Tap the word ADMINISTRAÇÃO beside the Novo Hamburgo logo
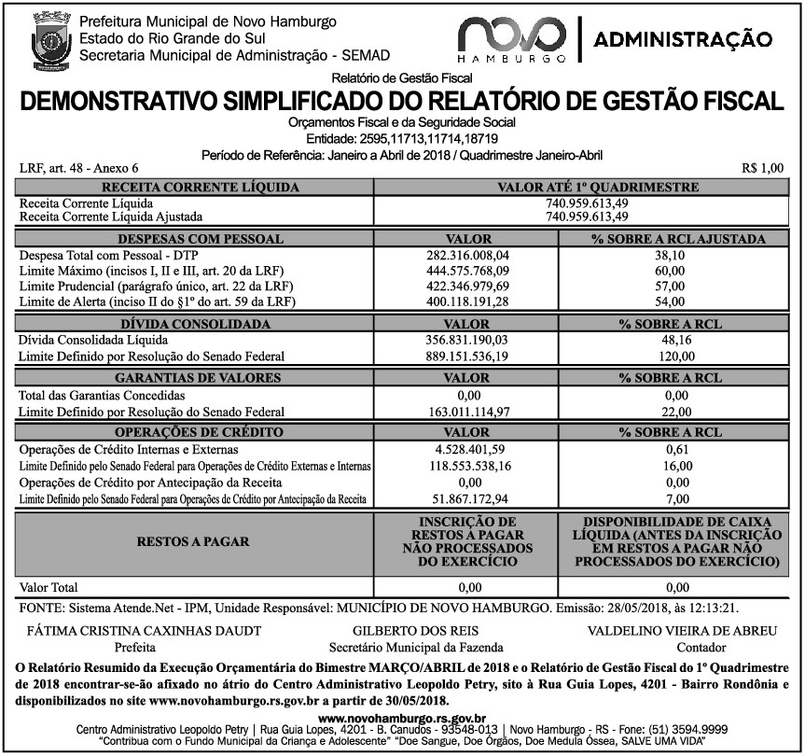(682, 39)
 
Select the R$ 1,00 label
(762, 169)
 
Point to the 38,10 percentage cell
(671, 255)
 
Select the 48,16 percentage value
(671, 341)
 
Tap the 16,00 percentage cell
(671, 465)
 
